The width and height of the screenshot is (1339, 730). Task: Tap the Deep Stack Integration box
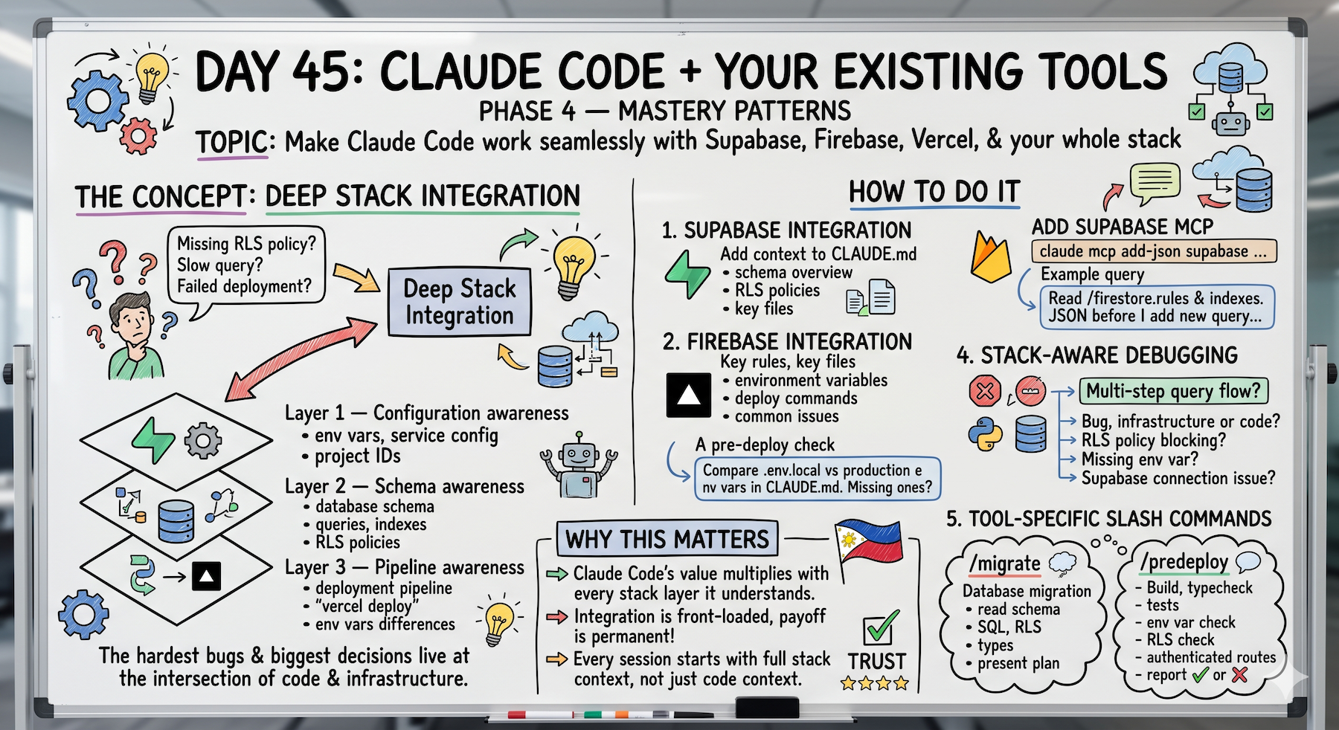(x=459, y=302)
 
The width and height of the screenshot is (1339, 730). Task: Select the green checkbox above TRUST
(x=880, y=629)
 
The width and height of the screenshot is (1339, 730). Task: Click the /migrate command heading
(x=1004, y=563)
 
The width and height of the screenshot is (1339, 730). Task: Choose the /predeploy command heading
(x=1184, y=561)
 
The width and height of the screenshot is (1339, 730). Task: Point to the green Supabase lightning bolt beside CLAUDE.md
(x=687, y=274)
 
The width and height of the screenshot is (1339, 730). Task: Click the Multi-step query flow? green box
(x=1173, y=391)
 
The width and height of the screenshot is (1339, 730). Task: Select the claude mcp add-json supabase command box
(x=1154, y=251)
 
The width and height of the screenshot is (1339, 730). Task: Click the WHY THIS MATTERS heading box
(x=667, y=538)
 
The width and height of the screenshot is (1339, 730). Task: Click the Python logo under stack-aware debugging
(x=986, y=434)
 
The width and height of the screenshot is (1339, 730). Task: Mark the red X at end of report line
(x=1239, y=675)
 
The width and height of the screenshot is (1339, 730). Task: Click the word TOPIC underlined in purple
(x=231, y=142)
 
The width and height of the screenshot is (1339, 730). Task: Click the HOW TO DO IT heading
(x=934, y=192)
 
